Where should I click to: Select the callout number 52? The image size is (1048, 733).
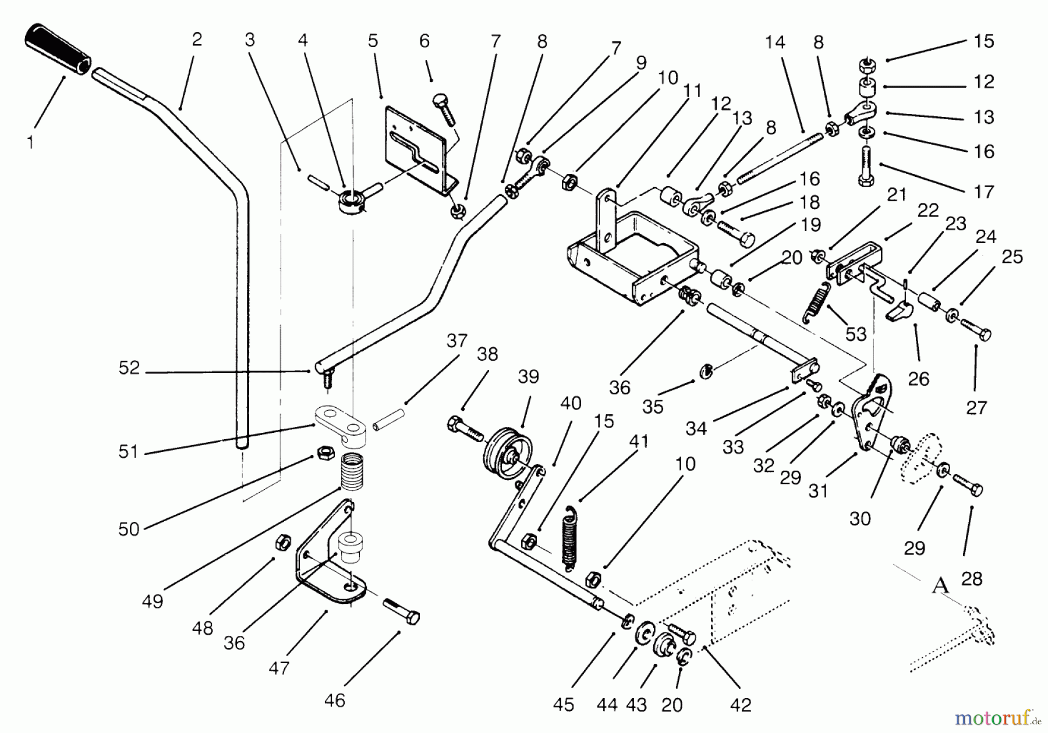(129, 368)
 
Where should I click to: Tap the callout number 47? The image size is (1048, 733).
(279, 667)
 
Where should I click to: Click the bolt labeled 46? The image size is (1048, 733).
(401, 611)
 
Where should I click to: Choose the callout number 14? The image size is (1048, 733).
(775, 42)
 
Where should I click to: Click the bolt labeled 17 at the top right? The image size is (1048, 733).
(865, 166)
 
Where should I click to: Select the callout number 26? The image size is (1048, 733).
(918, 379)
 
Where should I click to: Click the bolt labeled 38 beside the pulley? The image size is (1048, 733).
(465, 427)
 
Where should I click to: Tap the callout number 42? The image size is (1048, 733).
(741, 704)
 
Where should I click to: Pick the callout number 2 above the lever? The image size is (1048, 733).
(197, 39)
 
